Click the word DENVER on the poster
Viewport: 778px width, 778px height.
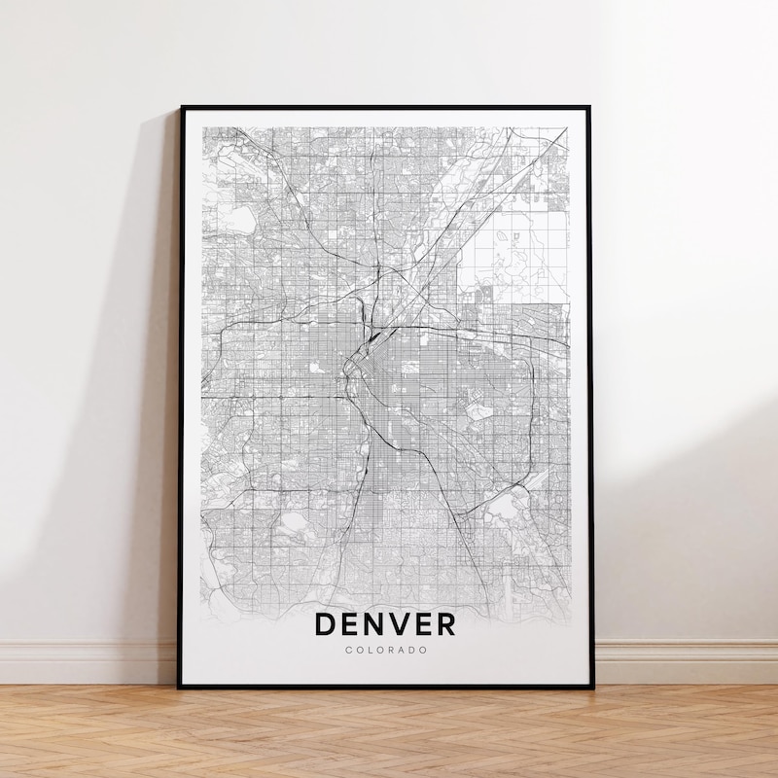(x=384, y=623)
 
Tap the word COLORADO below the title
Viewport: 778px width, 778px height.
(x=384, y=650)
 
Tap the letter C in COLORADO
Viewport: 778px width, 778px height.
(x=348, y=650)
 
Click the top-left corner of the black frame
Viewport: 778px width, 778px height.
(x=182, y=108)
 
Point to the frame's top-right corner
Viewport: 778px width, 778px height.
(x=591, y=108)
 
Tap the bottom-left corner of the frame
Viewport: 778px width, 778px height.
(x=179, y=687)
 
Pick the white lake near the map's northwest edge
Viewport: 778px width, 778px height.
(x=240, y=220)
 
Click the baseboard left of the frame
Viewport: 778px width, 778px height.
(x=88, y=662)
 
